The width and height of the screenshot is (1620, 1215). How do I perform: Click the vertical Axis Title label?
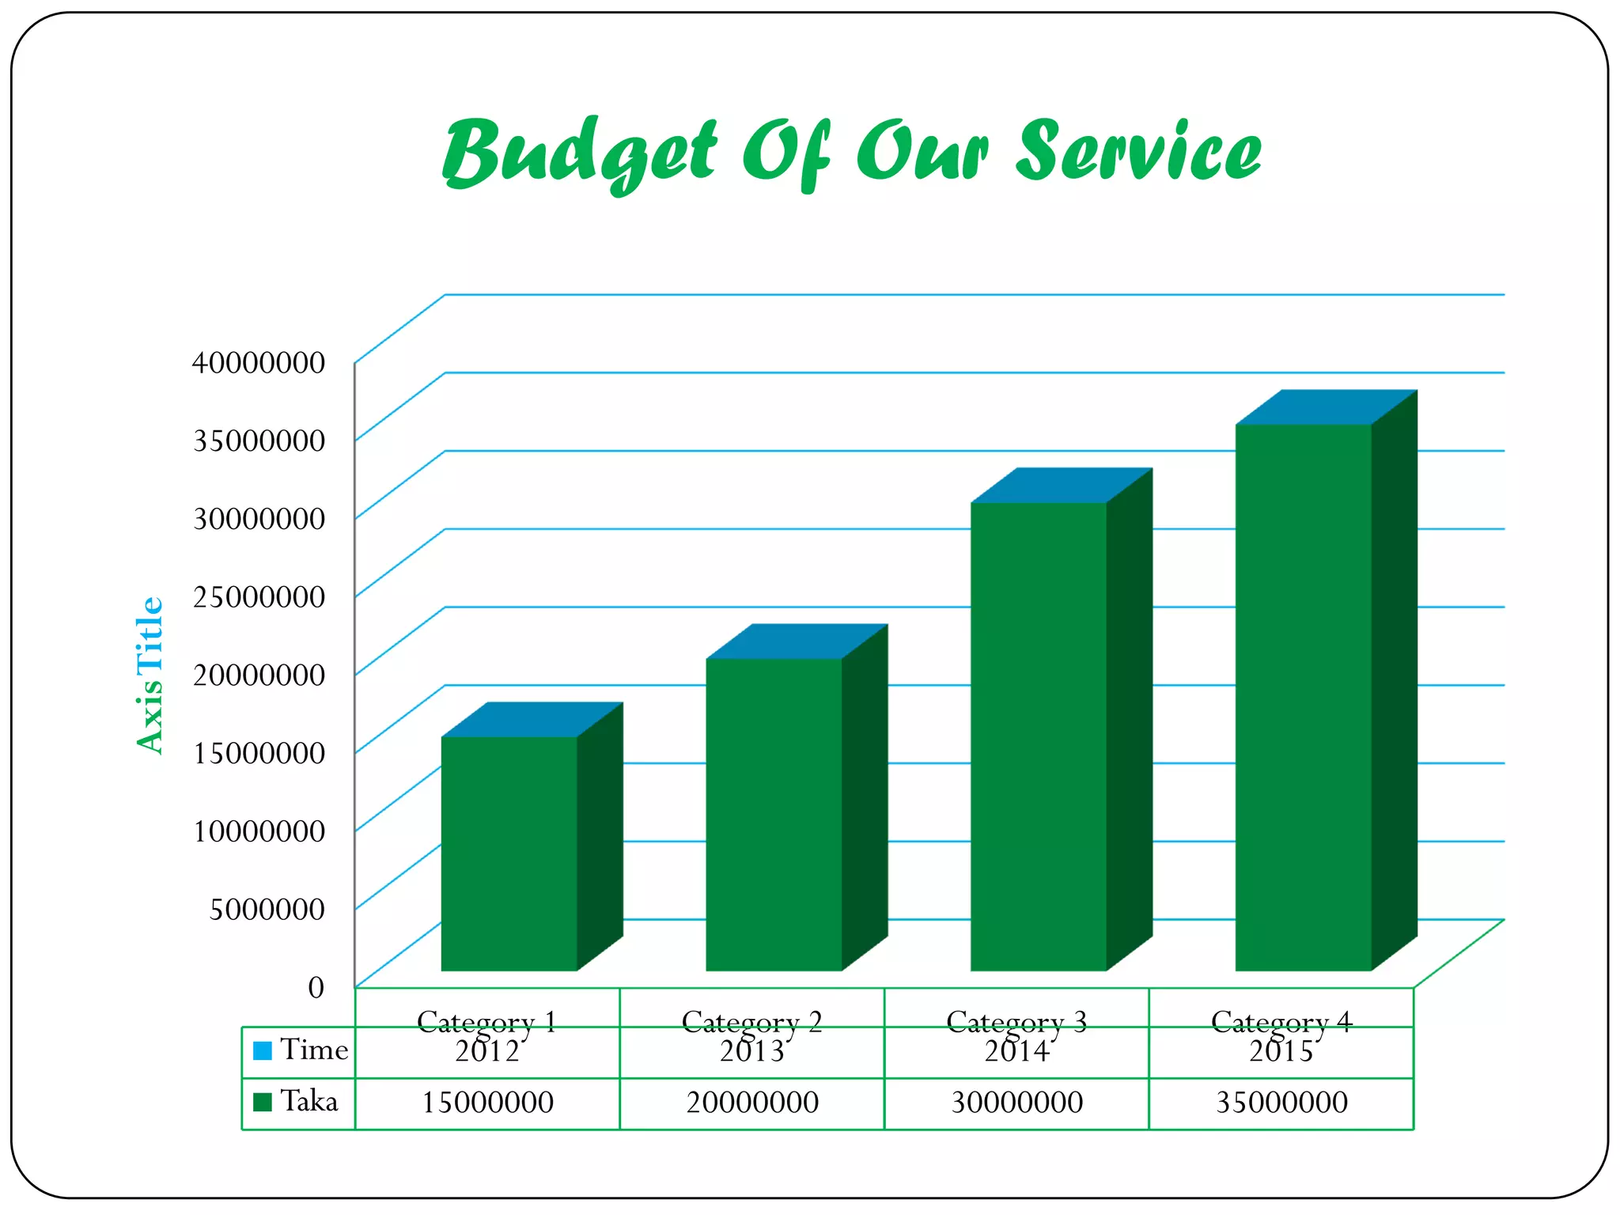[150, 675]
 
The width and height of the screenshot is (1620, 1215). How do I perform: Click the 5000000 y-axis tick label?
[267, 909]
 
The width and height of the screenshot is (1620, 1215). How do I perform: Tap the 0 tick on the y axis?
[316, 987]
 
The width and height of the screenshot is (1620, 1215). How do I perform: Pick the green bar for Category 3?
[1038, 736]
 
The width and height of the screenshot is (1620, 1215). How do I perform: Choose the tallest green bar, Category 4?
[1303, 696]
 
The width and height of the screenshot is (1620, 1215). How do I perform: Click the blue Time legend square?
[263, 1050]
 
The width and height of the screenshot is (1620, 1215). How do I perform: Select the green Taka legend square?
[263, 1101]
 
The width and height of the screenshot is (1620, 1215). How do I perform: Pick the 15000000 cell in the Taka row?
[487, 1103]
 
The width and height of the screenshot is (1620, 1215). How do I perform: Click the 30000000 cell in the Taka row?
[1016, 1103]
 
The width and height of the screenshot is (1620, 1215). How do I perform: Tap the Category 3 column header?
[1016, 1021]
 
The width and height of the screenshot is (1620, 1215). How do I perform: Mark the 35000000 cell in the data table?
[1281, 1103]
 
